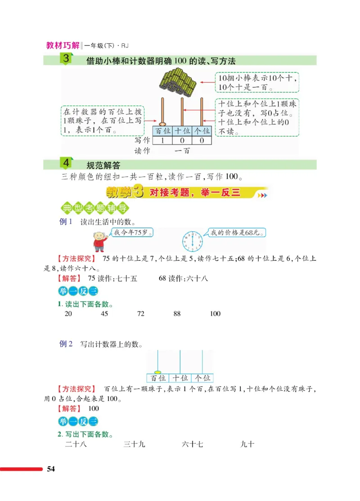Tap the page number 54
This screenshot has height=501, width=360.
[x=51, y=470]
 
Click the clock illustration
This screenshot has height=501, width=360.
[x=193, y=241]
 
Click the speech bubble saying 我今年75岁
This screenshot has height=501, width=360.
[x=132, y=233]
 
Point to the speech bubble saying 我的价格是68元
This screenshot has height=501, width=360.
[x=238, y=233]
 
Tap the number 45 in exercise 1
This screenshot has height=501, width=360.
[x=104, y=313]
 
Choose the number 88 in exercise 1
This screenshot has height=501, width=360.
[x=177, y=313]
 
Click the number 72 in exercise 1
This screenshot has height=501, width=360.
[x=140, y=313]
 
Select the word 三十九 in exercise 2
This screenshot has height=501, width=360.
[x=134, y=444]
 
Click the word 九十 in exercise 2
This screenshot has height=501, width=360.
[x=247, y=444]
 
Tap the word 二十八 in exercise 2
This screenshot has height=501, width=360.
[x=76, y=444]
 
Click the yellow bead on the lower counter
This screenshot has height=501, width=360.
[x=157, y=371]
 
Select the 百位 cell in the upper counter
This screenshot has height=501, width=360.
[x=162, y=131]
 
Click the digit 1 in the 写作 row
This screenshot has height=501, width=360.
[x=162, y=141]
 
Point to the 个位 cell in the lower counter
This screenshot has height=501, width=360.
[x=202, y=378]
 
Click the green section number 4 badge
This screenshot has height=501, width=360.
[x=66, y=163]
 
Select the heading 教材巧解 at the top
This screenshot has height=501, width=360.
[x=63, y=45]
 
